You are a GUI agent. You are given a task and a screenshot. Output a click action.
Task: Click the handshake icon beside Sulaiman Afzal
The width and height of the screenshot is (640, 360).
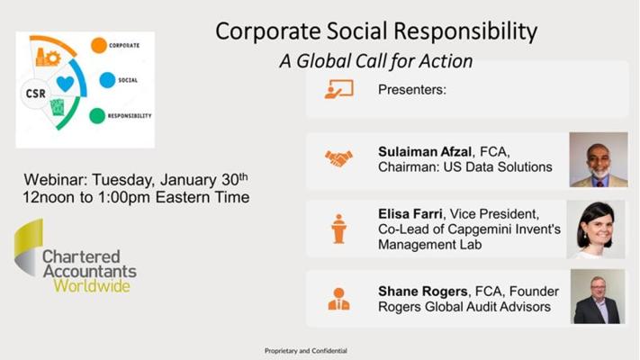pyautogui.click(x=338, y=158)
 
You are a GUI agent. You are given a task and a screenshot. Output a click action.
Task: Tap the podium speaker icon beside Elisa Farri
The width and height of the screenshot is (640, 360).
pyautogui.click(x=338, y=229)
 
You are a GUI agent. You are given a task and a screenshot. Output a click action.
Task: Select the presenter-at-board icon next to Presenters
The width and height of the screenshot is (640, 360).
pyautogui.click(x=338, y=89)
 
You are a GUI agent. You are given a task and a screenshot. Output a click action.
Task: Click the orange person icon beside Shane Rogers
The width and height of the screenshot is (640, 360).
pyautogui.click(x=338, y=299)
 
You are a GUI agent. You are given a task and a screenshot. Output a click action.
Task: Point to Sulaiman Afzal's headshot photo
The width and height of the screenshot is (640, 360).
pyautogui.click(x=599, y=159)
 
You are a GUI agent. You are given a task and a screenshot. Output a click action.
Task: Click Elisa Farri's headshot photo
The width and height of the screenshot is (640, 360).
pyautogui.click(x=596, y=229)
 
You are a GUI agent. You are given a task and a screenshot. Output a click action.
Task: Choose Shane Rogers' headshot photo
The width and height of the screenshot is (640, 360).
pyautogui.click(x=598, y=296)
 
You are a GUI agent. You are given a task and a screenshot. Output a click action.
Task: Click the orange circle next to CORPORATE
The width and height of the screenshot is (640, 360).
pyautogui.click(x=99, y=45)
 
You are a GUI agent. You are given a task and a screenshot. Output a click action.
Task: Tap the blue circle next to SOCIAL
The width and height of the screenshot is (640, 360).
pyautogui.click(x=107, y=80)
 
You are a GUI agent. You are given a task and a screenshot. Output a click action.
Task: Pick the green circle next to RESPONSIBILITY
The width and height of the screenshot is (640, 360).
pyautogui.click(x=97, y=116)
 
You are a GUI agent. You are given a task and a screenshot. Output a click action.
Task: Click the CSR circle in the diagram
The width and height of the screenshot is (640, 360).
pyautogui.click(x=35, y=94)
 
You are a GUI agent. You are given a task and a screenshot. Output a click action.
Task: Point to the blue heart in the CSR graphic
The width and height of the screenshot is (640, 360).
pyautogui.click(x=66, y=84)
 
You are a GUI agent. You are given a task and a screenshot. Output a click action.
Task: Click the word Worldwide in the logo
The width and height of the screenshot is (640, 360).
pyautogui.click(x=92, y=285)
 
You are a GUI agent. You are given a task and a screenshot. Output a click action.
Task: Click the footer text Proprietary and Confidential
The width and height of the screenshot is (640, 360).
pyautogui.click(x=306, y=351)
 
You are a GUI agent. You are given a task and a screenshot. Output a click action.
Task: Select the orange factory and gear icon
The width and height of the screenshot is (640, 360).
pyautogui.click(x=49, y=57)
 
